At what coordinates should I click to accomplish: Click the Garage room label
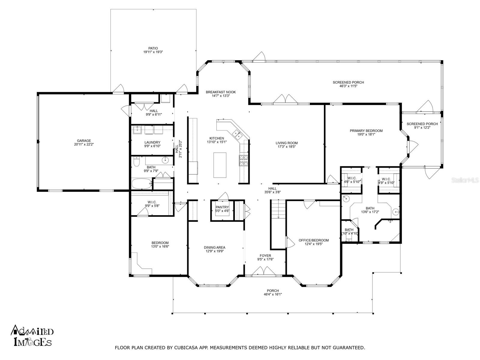click(84, 141)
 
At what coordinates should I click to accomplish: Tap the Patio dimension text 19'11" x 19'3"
click(153, 52)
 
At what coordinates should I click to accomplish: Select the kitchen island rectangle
click(220, 165)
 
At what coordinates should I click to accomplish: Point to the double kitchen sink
click(237, 134)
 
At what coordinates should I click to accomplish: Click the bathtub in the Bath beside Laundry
click(142, 184)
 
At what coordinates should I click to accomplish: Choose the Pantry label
click(222, 207)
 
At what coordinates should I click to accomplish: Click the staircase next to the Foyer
click(278, 209)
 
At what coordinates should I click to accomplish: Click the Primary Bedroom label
click(366, 131)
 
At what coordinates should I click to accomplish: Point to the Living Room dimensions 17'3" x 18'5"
click(286, 147)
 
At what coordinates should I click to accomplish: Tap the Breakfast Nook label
click(220, 92)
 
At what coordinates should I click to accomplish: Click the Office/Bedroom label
click(313, 240)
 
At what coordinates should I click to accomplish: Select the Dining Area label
click(214, 247)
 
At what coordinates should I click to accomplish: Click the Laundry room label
click(152, 142)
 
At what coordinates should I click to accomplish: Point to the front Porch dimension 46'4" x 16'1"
click(273, 294)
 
